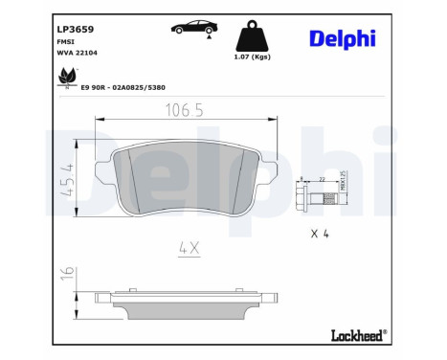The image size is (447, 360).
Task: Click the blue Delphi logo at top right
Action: (x=342, y=39)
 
